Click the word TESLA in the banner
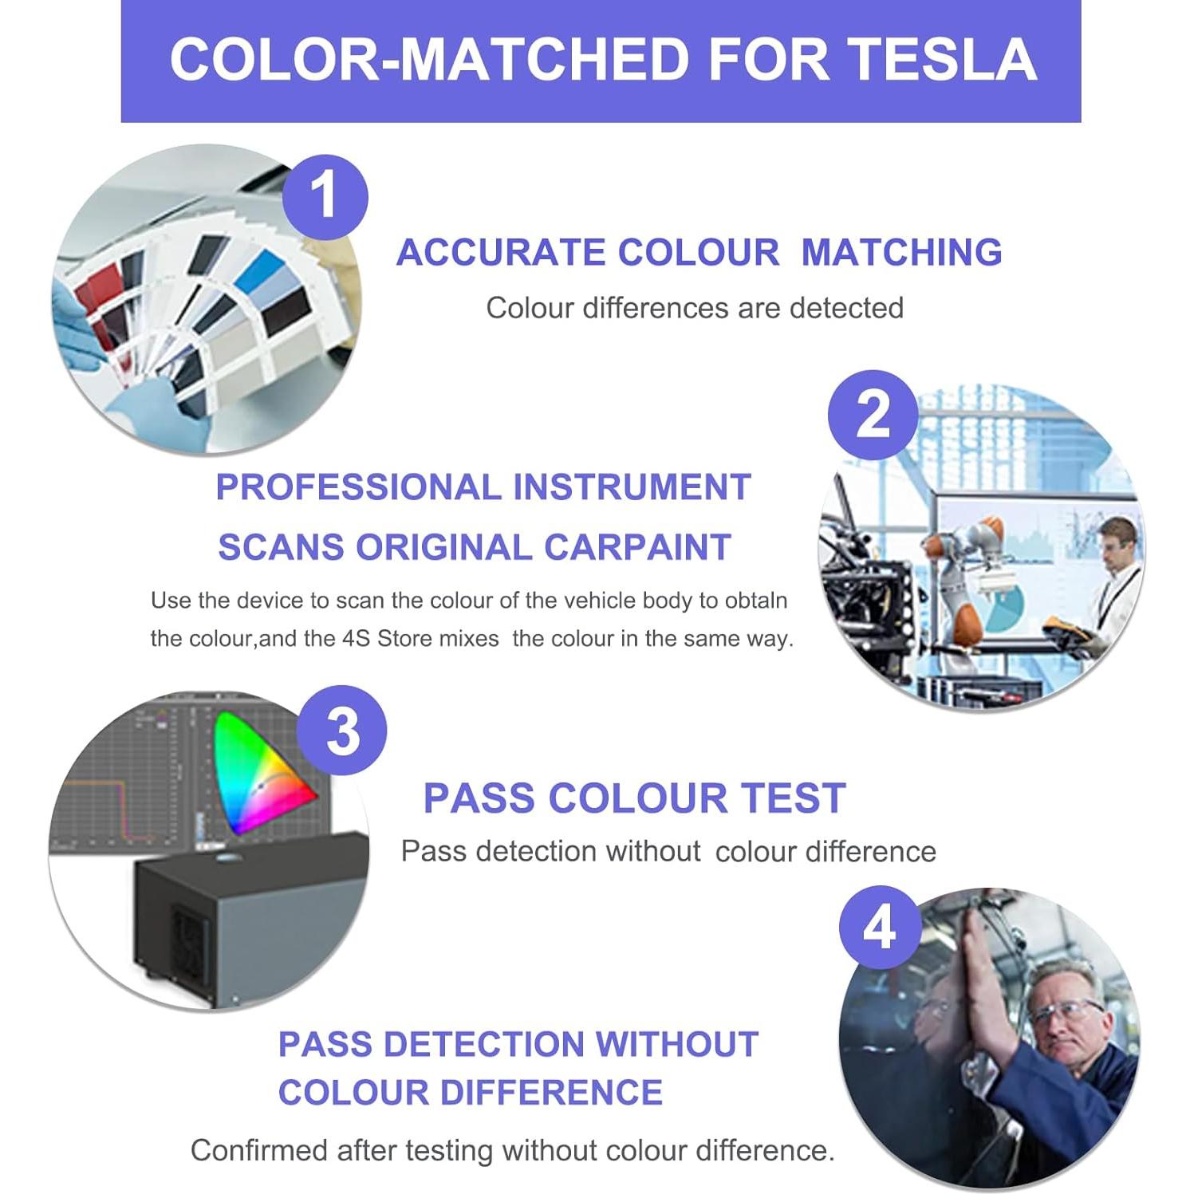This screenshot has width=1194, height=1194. tap(941, 60)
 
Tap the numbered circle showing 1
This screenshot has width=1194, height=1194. tap(324, 195)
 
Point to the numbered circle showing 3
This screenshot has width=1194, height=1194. tap(342, 731)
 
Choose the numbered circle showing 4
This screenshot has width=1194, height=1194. tap(880, 928)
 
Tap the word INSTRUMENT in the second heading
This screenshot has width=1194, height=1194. tap(631, 487)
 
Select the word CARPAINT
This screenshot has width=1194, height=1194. tap(637, 548)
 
